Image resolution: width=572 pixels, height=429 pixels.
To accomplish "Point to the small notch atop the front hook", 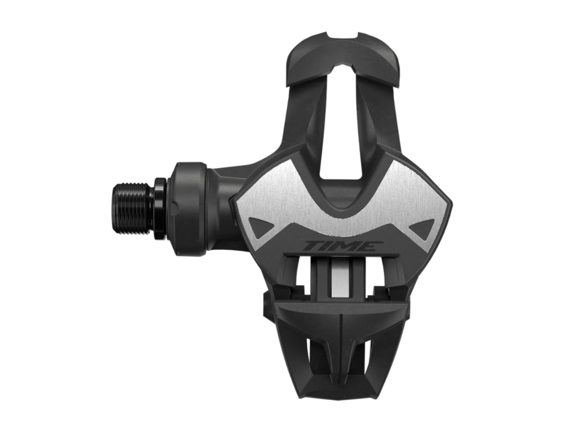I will click(342, 35).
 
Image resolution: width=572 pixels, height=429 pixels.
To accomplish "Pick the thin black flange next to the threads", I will click(160, 208).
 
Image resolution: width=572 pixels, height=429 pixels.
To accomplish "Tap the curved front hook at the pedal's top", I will click(341, 62).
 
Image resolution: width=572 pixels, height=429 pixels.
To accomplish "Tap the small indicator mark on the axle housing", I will click(175, 205).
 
